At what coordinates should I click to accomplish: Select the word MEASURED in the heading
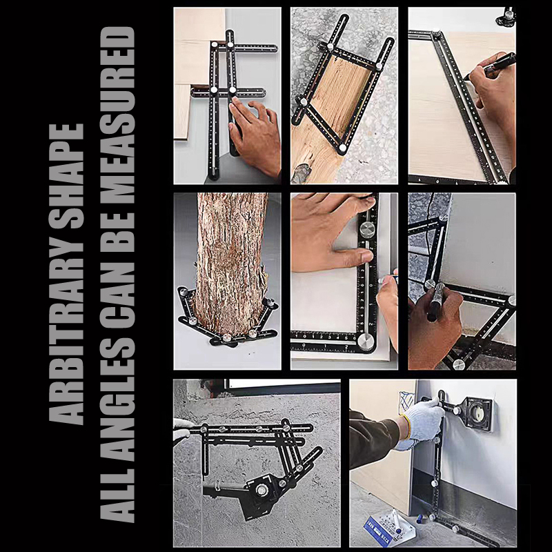click(x=117, y=115)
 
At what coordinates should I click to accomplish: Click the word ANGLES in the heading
click(x=117, y=398)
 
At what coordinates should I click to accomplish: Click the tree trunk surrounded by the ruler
click(x=230, y=264)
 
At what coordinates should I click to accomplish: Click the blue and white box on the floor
click(x=390, y=529)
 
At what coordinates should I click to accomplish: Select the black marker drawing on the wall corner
click(x=435, y=302)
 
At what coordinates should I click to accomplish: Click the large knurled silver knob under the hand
click(x=368, y=229)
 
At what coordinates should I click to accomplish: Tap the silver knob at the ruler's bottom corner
click(x=366, y=341)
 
